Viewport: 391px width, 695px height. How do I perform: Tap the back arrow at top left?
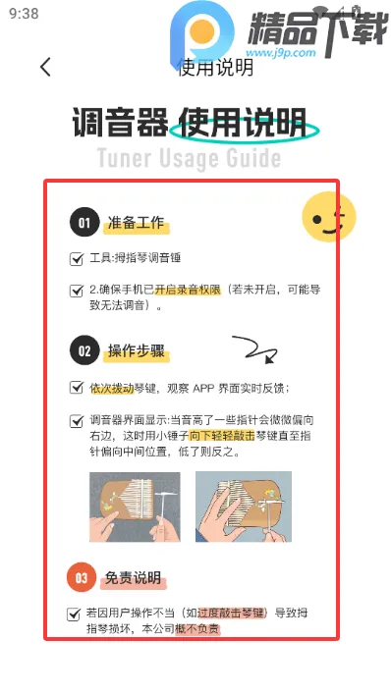click(x=45, y=68)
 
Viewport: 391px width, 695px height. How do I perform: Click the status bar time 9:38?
click(x=24, y=14)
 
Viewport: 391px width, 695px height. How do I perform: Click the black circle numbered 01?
click(x=84, y=223)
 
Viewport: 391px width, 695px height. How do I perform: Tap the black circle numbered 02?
click(x=84, y=350)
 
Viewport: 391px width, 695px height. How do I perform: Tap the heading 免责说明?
click(x=133, y=578)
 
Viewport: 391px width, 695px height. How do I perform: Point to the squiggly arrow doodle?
click(x=251, y=348)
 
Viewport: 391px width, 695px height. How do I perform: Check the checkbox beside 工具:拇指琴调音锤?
click(x=77, y=259)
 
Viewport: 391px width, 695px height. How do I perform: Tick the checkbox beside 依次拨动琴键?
click(x=77, y=388)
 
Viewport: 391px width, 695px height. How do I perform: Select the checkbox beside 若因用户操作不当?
click(x=74, y=614)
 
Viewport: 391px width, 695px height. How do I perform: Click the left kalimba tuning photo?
click(x=135, y=508)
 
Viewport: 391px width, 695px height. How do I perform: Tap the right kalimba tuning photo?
click(x=244, y=508)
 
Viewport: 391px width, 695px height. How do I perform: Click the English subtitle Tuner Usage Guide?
click(x=189, y=158)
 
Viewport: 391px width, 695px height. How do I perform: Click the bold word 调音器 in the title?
click(x=117, y=124)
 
